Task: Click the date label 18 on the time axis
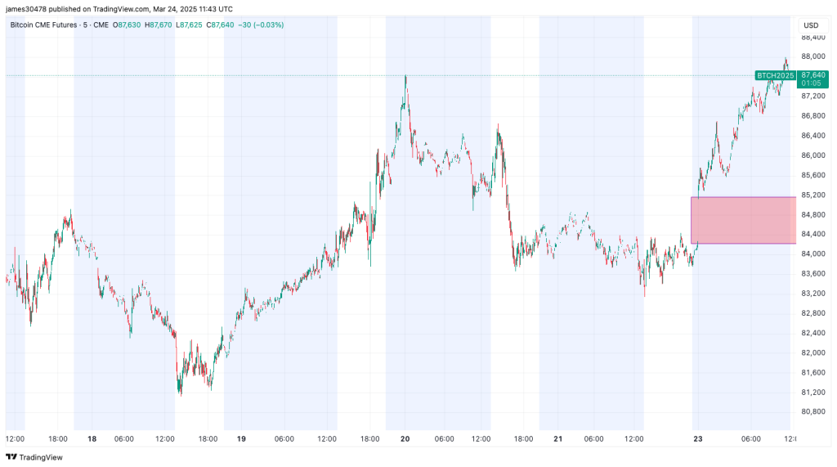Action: pos(92,439)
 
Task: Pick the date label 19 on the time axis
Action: pos(242,439)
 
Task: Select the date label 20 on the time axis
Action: pos(405,439)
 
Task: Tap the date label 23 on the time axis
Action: pos(696,439)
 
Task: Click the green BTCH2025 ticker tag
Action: pos(775,75)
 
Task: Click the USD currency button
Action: pos(812,25)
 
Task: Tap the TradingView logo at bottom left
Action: pos(25,457)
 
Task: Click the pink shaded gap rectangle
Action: pos(743,220)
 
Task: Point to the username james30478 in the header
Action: pos(27,8)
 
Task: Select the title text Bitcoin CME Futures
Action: pos(46,25)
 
